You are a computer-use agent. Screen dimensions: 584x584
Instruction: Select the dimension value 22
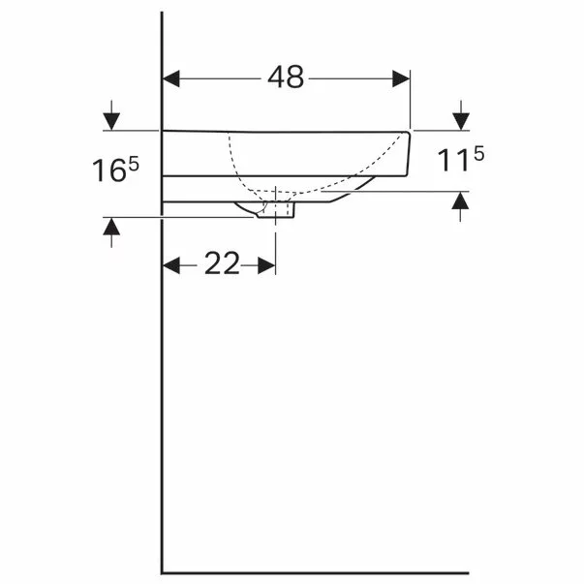coord(222,263)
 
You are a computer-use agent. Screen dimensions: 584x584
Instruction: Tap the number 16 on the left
coord(109,171)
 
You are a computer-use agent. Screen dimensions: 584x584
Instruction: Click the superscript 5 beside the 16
coord(134,164)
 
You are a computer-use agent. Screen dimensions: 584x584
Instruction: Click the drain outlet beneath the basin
coord(277,209)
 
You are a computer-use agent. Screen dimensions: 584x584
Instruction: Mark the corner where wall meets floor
coord(162,571)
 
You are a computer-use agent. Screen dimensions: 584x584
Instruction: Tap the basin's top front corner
coord(411,131)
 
